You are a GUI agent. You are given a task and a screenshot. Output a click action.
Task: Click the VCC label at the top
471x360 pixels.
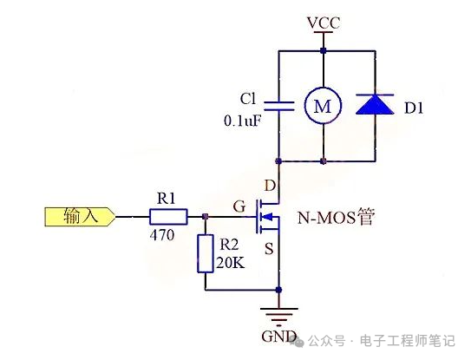pos(323,23)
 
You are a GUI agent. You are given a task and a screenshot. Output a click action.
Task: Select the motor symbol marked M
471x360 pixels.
pos(322,106)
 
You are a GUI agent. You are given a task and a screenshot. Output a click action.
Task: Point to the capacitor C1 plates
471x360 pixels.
pos(278,106)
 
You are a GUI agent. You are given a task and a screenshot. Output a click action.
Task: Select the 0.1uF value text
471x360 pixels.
pos(243,121)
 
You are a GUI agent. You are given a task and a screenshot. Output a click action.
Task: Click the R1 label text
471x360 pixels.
pos(165,198)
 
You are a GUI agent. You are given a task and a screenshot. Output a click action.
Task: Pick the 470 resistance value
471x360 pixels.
pos(162,234)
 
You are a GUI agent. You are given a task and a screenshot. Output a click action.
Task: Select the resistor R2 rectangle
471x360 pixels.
pos(205,252)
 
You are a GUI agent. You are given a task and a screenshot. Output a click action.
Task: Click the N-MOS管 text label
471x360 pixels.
pos(336,217)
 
